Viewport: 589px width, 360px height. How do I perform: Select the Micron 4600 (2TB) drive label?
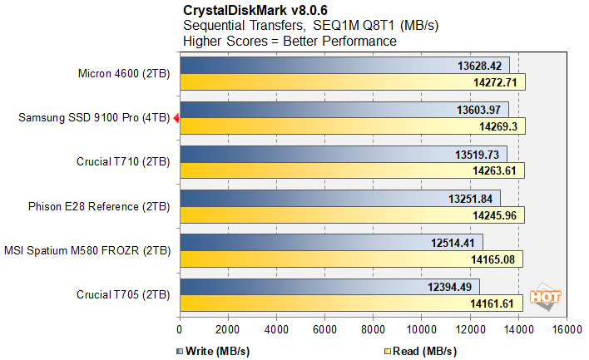pyautogui.click(x=122, y=73)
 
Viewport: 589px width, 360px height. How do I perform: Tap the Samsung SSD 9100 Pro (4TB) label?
pyautogui.click(x=94, y=119)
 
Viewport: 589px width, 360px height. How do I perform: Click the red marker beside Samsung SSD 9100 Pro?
pyautogui.click(x=176, y=119)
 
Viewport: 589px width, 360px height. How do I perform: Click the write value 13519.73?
pyautogui.click(x=474, y=155)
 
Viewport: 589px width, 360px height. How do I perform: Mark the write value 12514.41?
pyautogui.click(x=454, y=243)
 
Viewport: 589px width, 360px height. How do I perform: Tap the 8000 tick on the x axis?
pyautogui.click(x=373, y=328)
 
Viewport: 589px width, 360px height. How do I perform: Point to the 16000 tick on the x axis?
pyautogui.click(x=566, y=328)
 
